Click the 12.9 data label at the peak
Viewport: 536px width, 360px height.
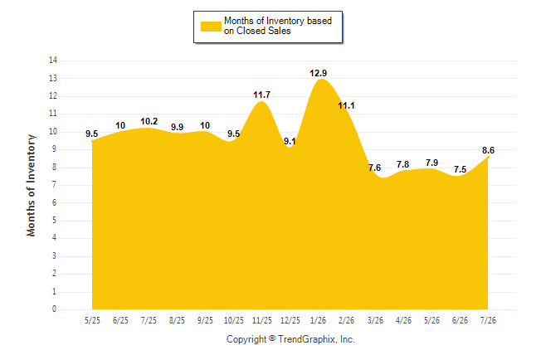tap(319, 73)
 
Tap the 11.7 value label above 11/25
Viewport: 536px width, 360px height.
tap(262, 95)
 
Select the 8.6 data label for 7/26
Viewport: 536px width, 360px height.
tap(488, 150)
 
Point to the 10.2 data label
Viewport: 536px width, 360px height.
tap(149, 121)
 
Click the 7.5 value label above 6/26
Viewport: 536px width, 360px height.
tap(460, 169)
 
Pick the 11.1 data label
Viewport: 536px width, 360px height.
tap(346, 106)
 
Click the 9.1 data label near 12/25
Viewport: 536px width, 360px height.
tap(290, 141)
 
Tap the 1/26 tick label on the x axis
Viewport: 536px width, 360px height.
tap(319, 320)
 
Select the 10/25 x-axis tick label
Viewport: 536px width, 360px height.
tap(234, 320)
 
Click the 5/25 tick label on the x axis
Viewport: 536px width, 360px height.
tap(92, 320)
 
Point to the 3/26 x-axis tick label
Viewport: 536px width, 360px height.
tap(375, 320)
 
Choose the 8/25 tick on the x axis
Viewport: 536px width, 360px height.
tap(177, 320)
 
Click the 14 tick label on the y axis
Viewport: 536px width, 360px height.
tap(53, 61)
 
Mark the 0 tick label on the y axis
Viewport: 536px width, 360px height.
tap(55, 309)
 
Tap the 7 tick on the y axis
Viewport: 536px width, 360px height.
tap(55, 185)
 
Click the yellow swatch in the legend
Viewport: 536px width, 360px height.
tap(211, 27)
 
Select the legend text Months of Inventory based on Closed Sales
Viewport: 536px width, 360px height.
tap(278, 26)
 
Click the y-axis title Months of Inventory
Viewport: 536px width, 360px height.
tap(31, 185)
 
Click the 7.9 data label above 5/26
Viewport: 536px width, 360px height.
tap(432, 163)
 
